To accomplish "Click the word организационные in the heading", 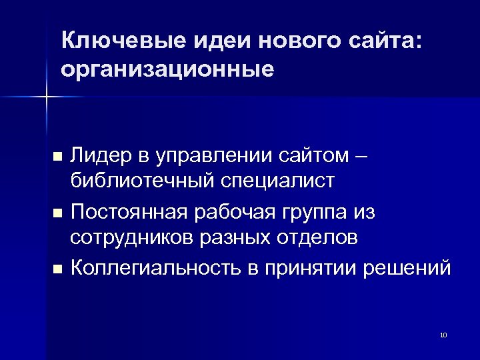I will [167, 69].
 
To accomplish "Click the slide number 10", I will [443, 335].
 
